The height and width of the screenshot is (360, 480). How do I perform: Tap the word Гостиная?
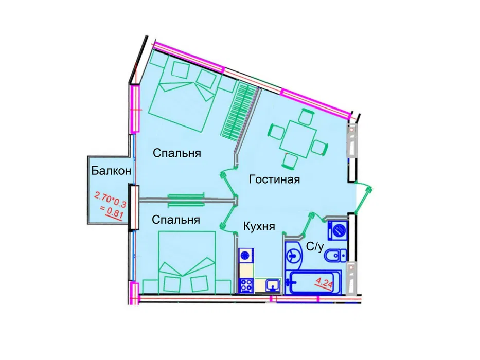pyautogui.click(x=274, y=179)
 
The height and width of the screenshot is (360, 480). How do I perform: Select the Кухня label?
pyautogui.click(x=259, y=226)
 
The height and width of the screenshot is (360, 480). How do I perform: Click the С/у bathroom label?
pyautogui.click(x=315, y=247)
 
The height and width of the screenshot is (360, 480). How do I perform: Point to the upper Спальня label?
pyautogui.click(x=176, y=153)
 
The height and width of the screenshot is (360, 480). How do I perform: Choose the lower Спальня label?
pyautogui.click(x=175, y=220)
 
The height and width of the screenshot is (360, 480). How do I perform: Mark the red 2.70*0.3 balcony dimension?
pyautogui.click(x=109, y=197)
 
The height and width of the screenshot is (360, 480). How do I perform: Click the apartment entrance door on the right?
pyautogui.click(x=365, y=195)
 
